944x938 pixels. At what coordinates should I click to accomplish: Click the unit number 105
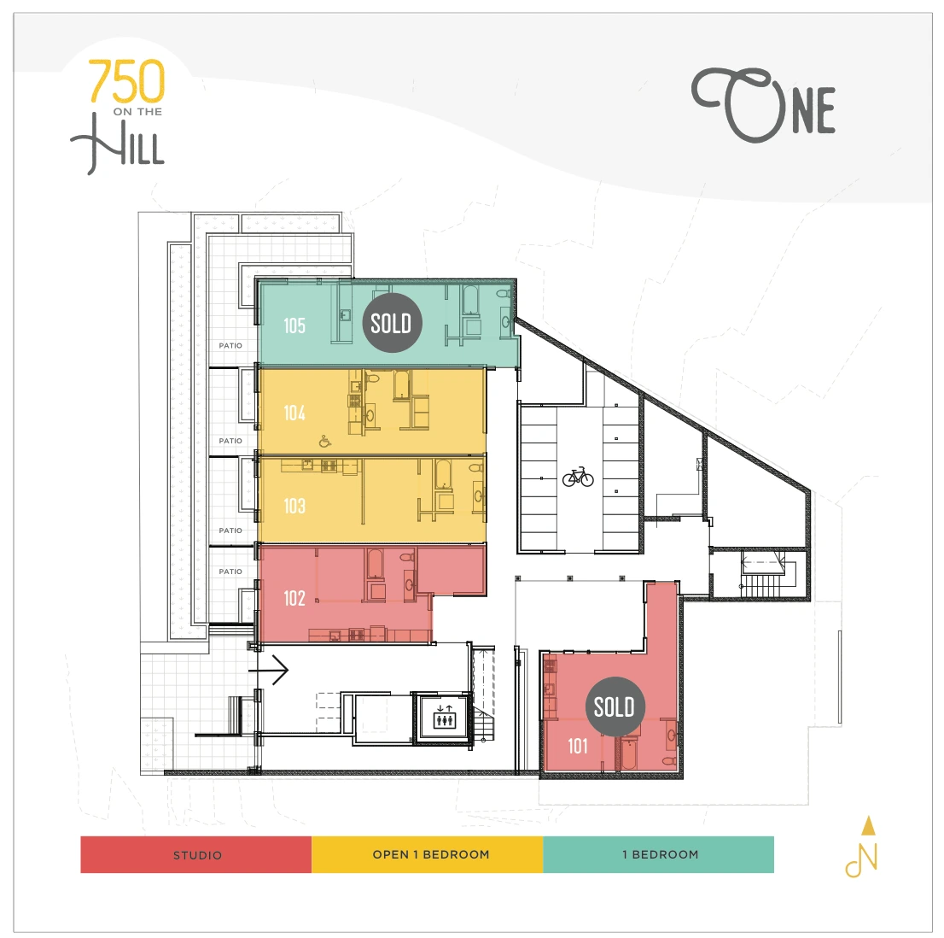click(294, 326)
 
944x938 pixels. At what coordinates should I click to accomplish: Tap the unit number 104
click(294, 413)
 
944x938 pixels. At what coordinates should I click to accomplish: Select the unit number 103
click(294, 506)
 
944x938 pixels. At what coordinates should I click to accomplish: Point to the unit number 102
click(294, 598)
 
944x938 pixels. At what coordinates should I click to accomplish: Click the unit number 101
click(577, 746)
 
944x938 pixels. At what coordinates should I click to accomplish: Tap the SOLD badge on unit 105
click(391, 324)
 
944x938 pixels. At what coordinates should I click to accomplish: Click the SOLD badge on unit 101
click(615, 706)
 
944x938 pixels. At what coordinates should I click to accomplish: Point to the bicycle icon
click(578, 477)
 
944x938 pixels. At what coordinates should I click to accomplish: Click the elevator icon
click(445, 717)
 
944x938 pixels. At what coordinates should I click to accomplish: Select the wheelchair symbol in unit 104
click(324, 442)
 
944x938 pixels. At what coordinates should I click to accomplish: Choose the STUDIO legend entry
click(196, 855)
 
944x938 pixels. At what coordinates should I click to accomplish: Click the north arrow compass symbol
click(863, 847)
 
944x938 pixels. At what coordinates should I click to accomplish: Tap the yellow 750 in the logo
click(127, 81)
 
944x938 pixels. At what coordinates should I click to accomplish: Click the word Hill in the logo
click(118, 144)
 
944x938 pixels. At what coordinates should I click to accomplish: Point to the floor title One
click(763, 105)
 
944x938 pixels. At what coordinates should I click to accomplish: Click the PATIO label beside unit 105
click(230, 346)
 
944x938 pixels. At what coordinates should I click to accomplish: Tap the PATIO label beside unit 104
click(230, 441)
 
